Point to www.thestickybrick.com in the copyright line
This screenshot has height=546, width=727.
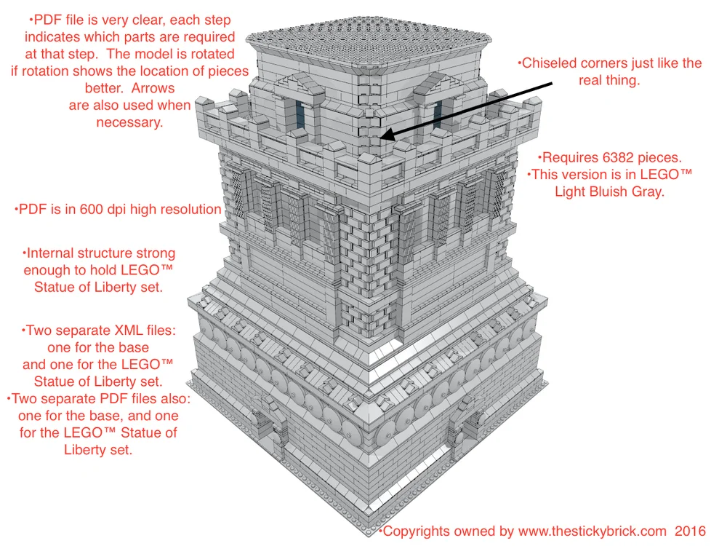tap(593, 532)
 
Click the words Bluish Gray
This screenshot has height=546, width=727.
tap(627, 192)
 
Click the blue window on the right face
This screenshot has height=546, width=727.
tap(438, 114)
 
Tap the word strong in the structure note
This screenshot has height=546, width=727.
tap(155, 253)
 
